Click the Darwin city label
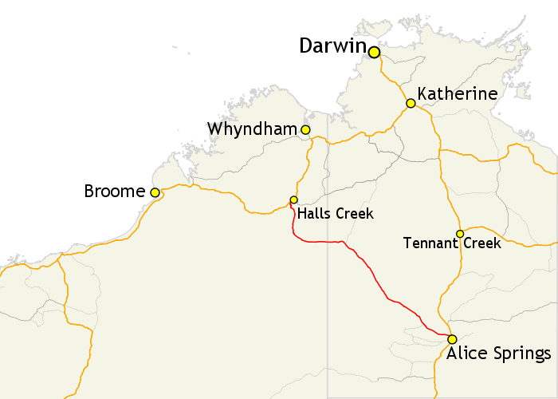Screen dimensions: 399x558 point(332,46)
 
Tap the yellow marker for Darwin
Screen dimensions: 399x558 point(374,53)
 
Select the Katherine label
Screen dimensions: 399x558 point(458,94)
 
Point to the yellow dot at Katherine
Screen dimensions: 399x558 point(411,103)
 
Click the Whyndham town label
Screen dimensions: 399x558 point(251,129)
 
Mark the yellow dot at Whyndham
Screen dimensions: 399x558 point(305,129)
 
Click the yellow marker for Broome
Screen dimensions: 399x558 point(155,192)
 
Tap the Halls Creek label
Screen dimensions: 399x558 point(335,214)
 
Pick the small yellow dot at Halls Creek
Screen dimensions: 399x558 point(293,199)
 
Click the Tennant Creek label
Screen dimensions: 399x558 point(452,243)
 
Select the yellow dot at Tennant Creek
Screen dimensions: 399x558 point(460,233)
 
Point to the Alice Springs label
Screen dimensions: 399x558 point(499,353)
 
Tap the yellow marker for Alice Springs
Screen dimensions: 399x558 point(452,339)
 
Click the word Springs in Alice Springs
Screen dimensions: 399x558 point(521,354)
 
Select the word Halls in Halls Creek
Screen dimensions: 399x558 point(312,214)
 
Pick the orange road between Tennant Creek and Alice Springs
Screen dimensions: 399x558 point(451,279)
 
